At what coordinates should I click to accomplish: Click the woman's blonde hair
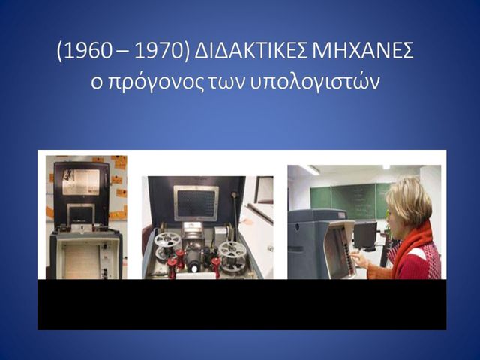[409, 199]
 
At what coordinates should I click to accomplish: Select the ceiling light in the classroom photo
[310, 170]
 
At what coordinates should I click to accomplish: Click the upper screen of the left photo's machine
[80, 181]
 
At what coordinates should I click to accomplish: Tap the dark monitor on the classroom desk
[366, 235]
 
